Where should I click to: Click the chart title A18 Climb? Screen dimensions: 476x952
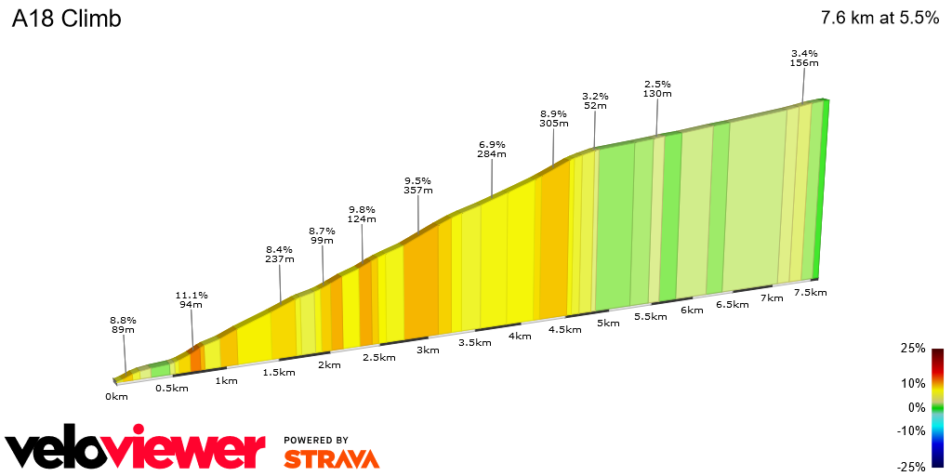(x=66, y=19)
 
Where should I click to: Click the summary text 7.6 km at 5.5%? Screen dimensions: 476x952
(x=879, y=19)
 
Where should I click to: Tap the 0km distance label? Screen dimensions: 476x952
(x=116, y=396)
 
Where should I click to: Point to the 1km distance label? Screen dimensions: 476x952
(x=225, y=379)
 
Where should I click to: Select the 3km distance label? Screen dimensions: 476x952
(x=428, y=350)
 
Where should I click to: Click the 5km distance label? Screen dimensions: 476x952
(x=608, y=323)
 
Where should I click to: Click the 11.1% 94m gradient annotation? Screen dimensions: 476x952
(x=192, y=299)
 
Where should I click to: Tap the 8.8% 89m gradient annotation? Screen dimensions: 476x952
(x=123, y=324)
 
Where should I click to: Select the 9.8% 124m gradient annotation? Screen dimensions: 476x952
(x=362, y=214)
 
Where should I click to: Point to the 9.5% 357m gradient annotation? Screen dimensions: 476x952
(x=418, y=185)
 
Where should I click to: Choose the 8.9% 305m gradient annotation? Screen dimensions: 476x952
(x=553, y=118)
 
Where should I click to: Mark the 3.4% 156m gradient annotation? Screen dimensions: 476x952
(x=804, y=58)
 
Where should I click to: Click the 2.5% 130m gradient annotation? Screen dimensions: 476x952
(x=657, y=88)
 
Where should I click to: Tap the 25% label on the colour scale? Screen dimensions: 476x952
(x=913, y=348)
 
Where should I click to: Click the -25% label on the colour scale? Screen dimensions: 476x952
(x=911, y=467)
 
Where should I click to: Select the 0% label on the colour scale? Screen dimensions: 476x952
(x=917, y=407)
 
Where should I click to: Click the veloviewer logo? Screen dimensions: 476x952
(x=136, y=449)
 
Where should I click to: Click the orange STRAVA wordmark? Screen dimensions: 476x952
(x=331, y=458)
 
